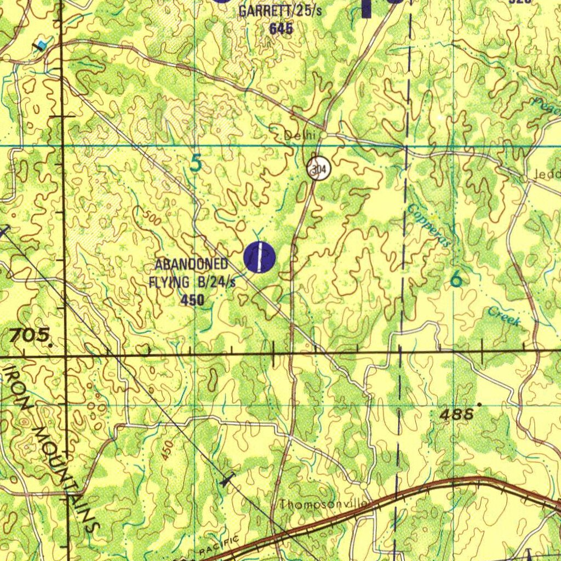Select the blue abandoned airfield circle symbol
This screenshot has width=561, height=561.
pyautogui.click(x=259, y=257)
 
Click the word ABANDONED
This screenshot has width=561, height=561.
pyautogui.click(x=191, y=264)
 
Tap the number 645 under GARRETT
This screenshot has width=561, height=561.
pyautogui.click(x=281, y=28)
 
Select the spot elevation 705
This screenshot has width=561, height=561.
pyautogui.click(x=30, y=335)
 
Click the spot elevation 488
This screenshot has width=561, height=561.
pyautogui.click(x=457, y=414)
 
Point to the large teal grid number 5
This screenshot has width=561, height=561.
pyautogui.click(x=196, y=163)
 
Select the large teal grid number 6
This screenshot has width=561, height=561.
pyautogui.click(x=456, y=280)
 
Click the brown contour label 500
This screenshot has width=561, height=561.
pyautogui.click(x=151, y=217)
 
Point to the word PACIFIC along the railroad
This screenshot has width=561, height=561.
pyautogui.click(x=219, y=546)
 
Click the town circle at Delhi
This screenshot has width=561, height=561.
pyautogui.click(x=324, y=134)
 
